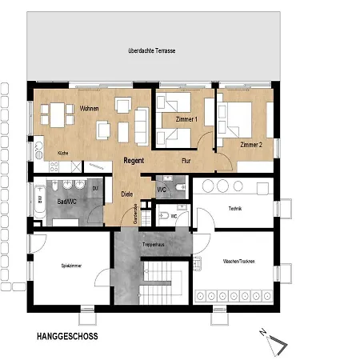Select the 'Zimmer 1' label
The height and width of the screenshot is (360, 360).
[186, 119]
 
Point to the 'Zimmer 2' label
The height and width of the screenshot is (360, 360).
[250, 144]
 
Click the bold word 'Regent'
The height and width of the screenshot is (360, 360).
[134, 161]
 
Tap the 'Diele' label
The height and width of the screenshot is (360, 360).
[126, 194]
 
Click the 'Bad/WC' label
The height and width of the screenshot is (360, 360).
[66, 200]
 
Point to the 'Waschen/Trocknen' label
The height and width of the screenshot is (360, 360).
[240, 261]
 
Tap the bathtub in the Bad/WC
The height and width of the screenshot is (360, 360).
[39, 200]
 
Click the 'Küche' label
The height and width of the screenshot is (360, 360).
[62, 154]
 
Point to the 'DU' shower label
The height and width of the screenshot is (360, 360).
[95, 189]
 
